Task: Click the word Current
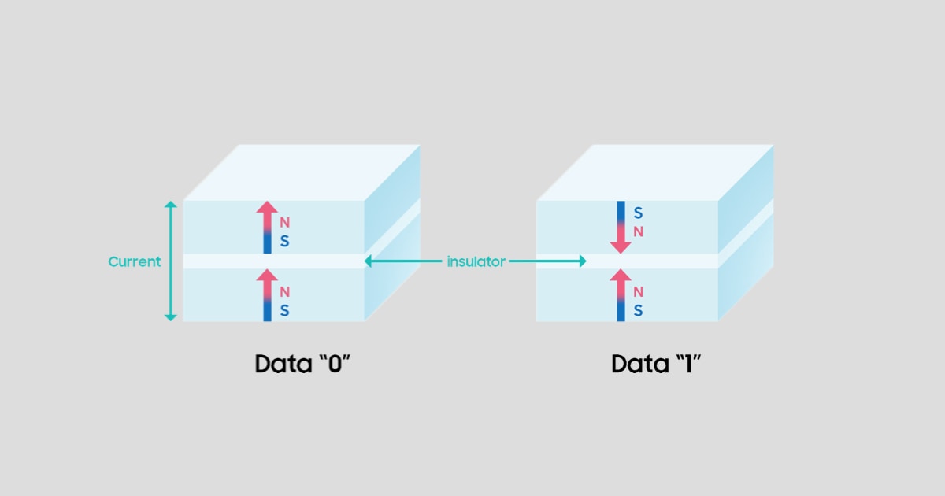pyautogui.click(x=134, y=261)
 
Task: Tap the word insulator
pyautogui.click(x=476, y=261)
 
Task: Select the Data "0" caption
pyautogui.click(x=302, y=365)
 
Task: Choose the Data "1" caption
pyautogui.click(x=655, y=365)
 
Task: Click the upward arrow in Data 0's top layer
pyautogui.click(x=267, y=227)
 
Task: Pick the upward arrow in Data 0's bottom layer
pyautogui.click(x=267, y=295)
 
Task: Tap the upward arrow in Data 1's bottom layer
pyautogui.click(x=621, y=295)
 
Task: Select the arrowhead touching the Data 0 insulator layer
pyautogui.click(x=369, y=261)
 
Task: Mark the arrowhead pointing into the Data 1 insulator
pyautogui.click(x=583, y=261)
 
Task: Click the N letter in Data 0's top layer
pyautogui.click(x=284, y=223)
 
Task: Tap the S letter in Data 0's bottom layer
pyautogui.click(x=284, y=311)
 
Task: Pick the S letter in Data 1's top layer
pyautogui.click(x=638, y=213)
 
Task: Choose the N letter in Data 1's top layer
pyautogui.click(x=638, y=231)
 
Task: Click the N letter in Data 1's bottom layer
pyautogui.click(x=638, y=292)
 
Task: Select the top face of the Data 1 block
pyautogui.click(x=656, y=172)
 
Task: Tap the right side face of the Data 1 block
pyautogui.click(x=745, y=236)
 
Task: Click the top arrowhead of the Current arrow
pyautogui.click(x=170, y=205)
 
